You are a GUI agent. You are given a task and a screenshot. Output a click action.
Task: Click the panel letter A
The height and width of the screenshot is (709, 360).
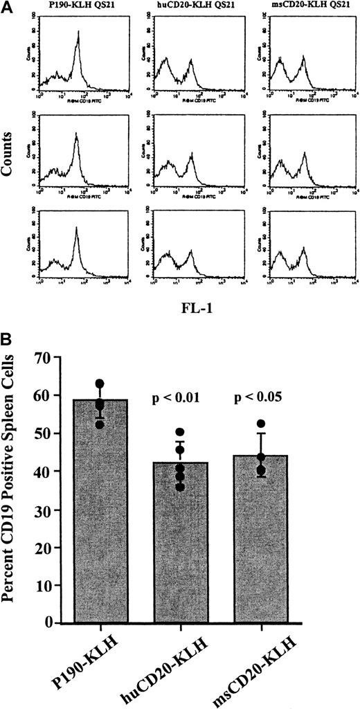8,7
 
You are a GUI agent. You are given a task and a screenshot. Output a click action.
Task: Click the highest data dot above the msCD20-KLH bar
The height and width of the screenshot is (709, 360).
261,424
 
